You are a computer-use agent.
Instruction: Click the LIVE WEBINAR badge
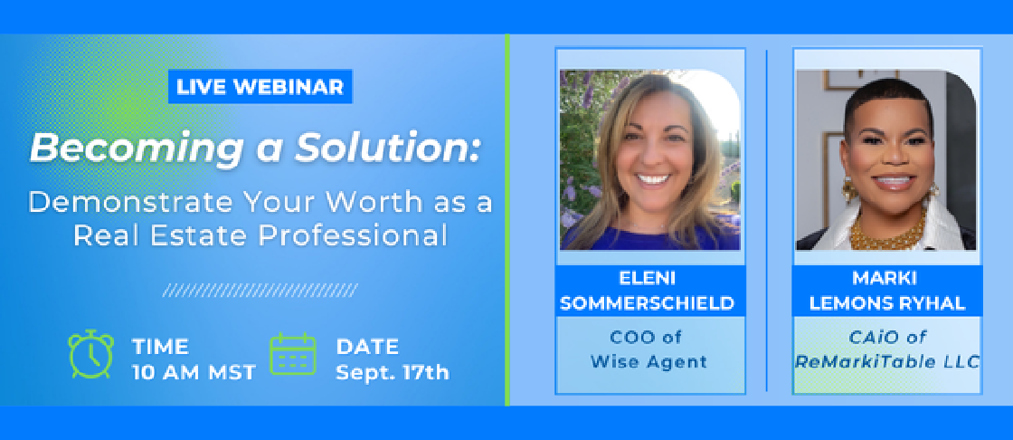260,87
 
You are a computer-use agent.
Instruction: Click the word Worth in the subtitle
366,202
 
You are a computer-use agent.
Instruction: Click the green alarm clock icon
91,354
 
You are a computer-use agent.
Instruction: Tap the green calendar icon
293,354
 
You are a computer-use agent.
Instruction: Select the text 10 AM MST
194,373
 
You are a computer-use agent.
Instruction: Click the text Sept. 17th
393,373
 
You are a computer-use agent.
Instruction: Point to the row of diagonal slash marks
260,290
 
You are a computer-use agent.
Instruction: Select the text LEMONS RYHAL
887,303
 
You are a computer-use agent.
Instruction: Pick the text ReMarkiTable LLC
887,362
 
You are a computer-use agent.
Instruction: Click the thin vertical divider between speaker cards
767,220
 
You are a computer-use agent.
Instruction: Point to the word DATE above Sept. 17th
367,348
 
